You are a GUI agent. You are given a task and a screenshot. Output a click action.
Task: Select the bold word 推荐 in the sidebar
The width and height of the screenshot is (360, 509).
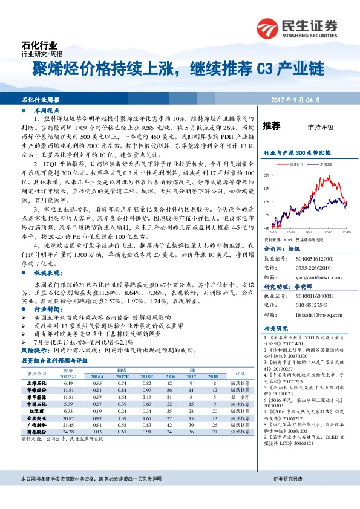(x=272, y=126)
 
